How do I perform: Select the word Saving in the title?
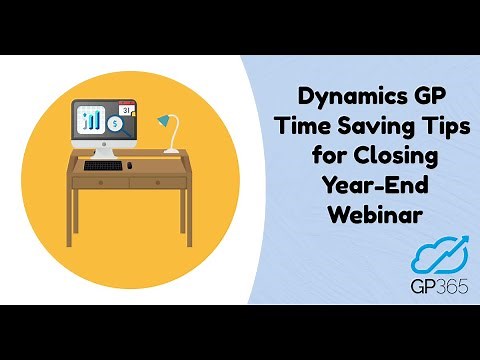364,128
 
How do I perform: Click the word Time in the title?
299,128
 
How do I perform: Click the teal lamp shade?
163,121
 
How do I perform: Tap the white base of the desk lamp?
172,151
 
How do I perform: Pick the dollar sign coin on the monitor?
117,126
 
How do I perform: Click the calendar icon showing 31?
126,108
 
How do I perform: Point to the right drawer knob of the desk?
157,183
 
